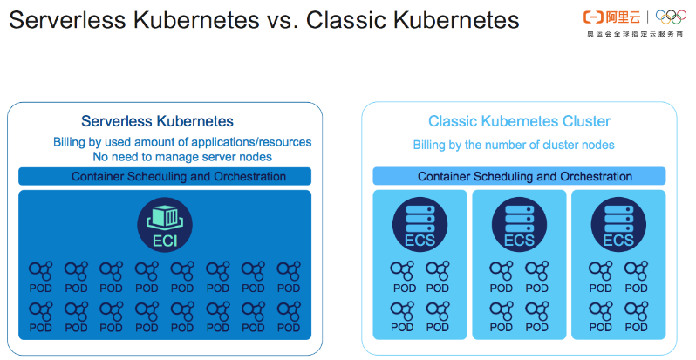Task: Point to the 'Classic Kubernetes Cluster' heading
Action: tap(519, 121)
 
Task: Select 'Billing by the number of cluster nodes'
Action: tap(514, 145)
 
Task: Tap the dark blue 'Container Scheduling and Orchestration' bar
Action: tap(165, 177)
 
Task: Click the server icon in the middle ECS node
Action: tap(519, 214)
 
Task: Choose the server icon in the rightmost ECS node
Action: tap(618, 214)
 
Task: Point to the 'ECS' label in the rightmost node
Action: tap(618, 241)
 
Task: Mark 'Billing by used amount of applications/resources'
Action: tap(182, 142)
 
